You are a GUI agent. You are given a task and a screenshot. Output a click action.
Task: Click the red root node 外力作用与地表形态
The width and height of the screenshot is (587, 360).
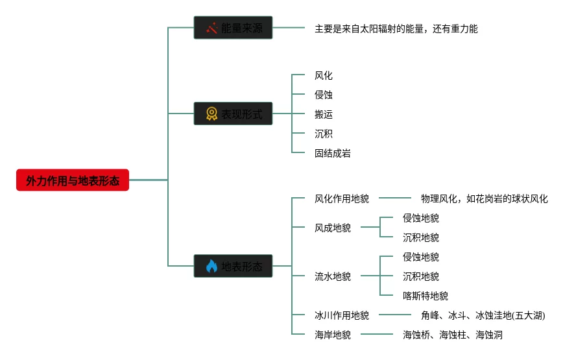point(73,180)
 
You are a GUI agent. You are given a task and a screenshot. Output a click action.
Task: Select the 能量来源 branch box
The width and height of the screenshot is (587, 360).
point(233,28)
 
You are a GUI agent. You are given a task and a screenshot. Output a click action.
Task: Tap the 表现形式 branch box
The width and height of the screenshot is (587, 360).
point(233,114)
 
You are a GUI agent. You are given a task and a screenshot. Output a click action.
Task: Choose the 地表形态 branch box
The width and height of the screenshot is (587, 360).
point(233,266)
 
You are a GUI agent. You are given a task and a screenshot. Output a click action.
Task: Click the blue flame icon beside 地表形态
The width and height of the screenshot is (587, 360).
point(211,266)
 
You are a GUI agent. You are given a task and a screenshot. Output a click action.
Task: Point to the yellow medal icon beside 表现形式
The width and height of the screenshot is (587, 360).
point(211,114)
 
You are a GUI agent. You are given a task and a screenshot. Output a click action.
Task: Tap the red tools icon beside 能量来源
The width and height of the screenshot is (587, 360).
point(211,28)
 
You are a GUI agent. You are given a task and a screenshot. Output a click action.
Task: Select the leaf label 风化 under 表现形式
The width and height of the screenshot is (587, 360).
point(323,76)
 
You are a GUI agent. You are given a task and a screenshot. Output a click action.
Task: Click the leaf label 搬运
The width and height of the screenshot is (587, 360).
point(323,114)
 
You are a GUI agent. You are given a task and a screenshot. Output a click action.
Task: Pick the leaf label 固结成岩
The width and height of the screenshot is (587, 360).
point(332,153)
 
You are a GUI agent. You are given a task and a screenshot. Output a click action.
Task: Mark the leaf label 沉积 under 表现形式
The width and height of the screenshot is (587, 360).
point(323,134)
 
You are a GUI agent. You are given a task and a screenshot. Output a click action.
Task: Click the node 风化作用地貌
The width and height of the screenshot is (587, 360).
point(341,198)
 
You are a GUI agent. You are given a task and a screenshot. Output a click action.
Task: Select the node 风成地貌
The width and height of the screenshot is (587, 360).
point(332,228)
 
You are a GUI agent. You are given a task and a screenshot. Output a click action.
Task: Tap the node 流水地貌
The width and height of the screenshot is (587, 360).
point(332,276)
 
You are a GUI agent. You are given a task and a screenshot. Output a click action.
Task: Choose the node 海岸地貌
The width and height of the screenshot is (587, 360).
point(332,335)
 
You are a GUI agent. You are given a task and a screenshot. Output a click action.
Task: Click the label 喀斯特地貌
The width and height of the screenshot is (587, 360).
point(425,296)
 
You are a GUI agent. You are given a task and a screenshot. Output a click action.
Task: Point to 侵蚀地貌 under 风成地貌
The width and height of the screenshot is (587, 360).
point(420,218)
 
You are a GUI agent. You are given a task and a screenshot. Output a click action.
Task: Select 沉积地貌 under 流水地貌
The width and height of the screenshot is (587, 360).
point(420,276)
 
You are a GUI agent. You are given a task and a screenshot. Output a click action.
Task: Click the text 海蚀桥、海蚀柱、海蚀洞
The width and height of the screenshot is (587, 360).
point(452,335)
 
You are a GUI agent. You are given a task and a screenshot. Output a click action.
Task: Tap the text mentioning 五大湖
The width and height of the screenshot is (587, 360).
point(483,315)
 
